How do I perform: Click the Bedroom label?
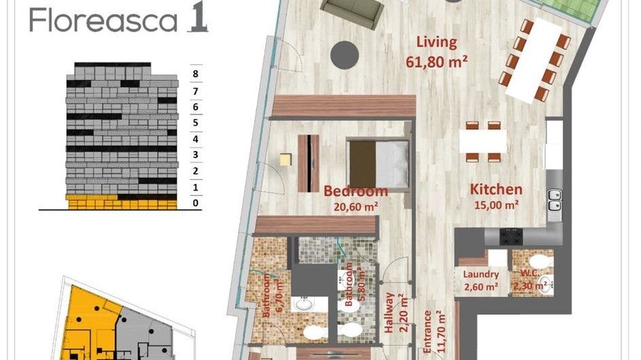[x=355, y=191]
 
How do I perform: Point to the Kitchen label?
[x=495, y=189]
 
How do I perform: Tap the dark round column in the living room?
[x=346, y=54]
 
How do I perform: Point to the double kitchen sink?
[x=554, y=200]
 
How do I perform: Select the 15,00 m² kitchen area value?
[x=495, y=204]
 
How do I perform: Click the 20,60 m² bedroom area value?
[x=355, y=204]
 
